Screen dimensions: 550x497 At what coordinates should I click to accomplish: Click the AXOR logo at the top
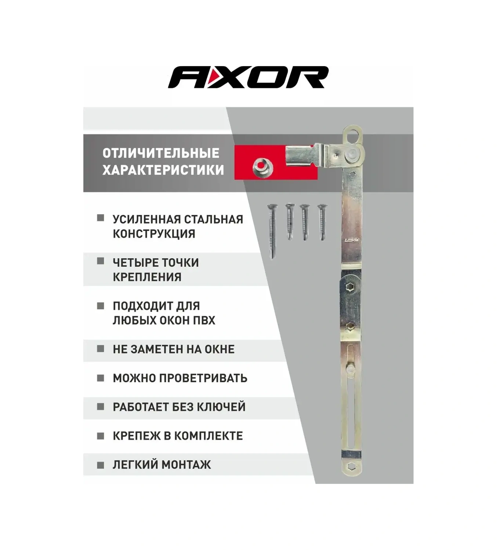[x=248, y=77]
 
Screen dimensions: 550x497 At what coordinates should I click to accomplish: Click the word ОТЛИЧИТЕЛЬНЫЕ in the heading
[x=161, y=153]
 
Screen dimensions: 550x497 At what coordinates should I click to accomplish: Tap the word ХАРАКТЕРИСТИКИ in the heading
[x=163, y=170]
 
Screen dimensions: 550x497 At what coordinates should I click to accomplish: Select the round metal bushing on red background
[x=262, y=167]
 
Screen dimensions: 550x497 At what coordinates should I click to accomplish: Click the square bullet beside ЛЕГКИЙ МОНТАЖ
[x=101, y=465]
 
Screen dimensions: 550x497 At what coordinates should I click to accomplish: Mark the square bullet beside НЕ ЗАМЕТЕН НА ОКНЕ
[x=101, y=349]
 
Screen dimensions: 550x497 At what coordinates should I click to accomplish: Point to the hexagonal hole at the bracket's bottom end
[x=351, y=466]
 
